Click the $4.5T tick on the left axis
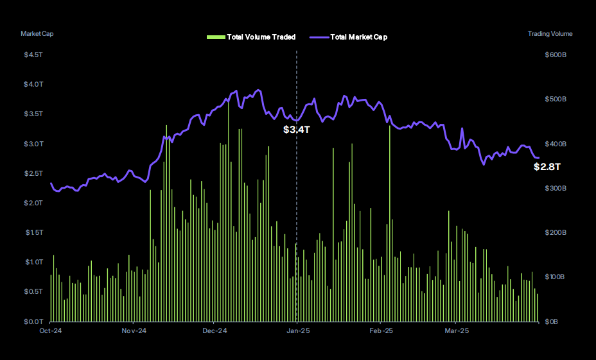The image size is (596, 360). click(33, 55)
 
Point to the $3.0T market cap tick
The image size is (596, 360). click(33, 144)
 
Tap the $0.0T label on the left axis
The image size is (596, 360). click(33, 321)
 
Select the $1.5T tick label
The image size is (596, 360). click(33, 232)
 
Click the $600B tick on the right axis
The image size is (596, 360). click(555, 55)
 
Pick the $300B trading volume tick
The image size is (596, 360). click(555, 188)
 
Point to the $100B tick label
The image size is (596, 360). click(555, 277)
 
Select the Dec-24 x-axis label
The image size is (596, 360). click(215, 331)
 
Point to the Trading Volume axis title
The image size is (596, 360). click(550, 33)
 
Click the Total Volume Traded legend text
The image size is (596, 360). click(261, 37)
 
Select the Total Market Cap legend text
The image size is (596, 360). click(358, 37)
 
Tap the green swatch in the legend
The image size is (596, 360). click(215, 37)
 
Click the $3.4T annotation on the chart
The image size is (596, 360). click(297, 130)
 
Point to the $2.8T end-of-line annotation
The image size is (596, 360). click(547, 167)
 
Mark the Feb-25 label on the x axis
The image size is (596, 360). click(381, 331)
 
